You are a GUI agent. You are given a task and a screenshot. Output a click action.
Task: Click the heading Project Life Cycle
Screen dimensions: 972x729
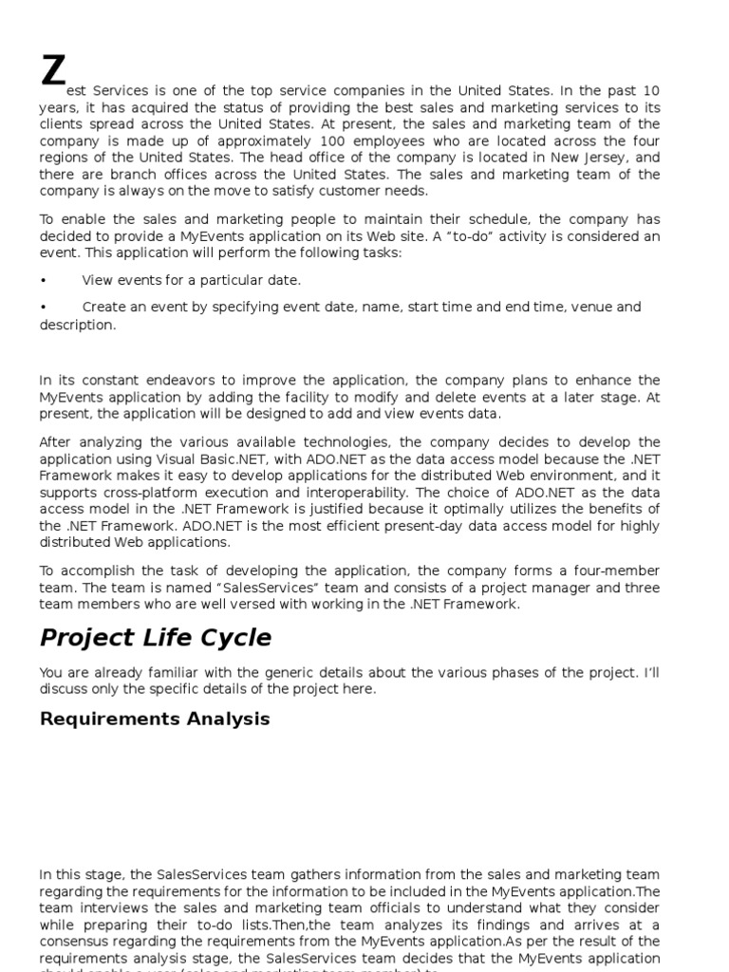tap(156, 637)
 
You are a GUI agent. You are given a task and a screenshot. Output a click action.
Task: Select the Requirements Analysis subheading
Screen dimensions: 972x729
tap(155, 719)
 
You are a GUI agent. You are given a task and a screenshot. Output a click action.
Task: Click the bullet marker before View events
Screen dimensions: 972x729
tap(44, 280)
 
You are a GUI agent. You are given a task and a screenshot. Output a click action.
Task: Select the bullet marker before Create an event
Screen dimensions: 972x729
tap(44, 307)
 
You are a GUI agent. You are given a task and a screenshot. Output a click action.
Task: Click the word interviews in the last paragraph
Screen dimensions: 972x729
tap(108, 908)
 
